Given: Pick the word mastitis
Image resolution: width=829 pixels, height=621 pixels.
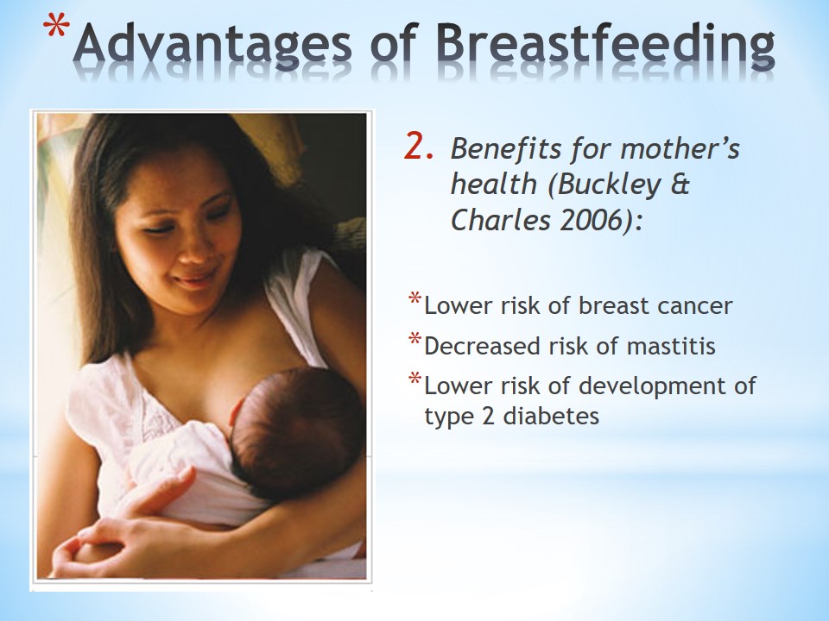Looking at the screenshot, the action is (x=671, y=347).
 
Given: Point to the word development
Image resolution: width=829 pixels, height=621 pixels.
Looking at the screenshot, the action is (x=653, y=387).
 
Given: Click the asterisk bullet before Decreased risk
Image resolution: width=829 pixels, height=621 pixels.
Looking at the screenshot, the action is (x=415, y=339).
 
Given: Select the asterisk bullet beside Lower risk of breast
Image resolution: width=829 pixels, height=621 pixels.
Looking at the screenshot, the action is (x=415, y=299).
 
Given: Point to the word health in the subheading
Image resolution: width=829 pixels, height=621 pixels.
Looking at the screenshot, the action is (x=494, y=185).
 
